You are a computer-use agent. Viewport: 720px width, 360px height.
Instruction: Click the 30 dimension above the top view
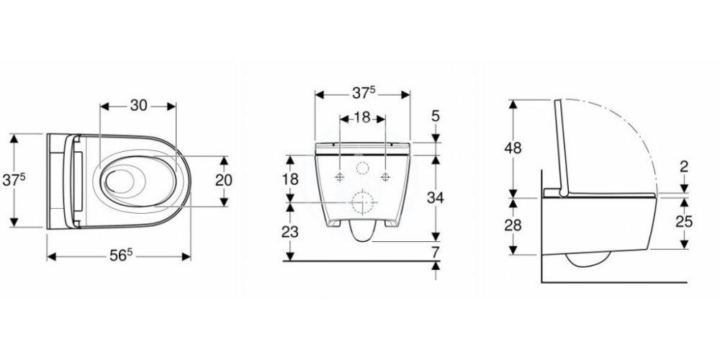tap(139, 106)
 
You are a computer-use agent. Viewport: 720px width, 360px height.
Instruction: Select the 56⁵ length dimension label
tap(121, 256)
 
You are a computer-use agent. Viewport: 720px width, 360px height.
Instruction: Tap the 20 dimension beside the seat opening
tap(224, 180)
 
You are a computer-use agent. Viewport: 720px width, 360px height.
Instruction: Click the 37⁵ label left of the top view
tap(14, 180)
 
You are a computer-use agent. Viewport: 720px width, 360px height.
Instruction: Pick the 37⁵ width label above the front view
tap(364, 94)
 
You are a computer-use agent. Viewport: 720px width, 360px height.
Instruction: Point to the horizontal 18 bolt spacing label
tap(362, 118)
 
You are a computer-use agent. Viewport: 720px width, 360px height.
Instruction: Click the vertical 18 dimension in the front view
tap(290, 179)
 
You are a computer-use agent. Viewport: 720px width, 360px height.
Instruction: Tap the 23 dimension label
tap(290, 232)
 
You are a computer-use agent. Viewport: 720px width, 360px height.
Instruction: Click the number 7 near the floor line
tap(436, 251)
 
